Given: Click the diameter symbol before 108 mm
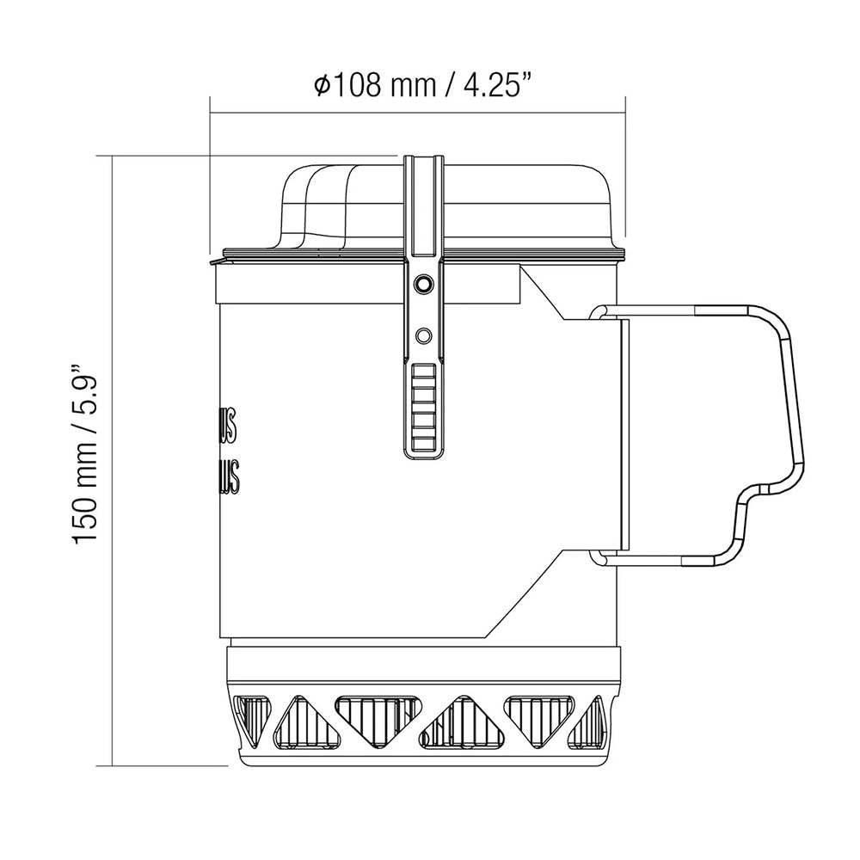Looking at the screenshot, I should tap(321, 86).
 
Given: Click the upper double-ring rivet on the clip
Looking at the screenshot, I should tap(422, 284).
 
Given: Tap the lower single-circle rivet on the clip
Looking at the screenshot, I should tap(422, 334).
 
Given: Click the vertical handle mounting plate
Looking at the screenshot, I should tap(624, 434).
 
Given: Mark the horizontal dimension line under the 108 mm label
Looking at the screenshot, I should tap(418, 110).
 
